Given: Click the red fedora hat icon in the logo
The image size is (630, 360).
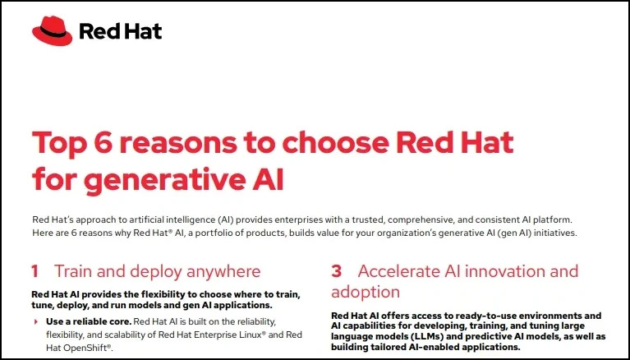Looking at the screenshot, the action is tap(53, 31).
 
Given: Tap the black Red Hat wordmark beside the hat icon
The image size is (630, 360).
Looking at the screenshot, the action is tap(121, 31).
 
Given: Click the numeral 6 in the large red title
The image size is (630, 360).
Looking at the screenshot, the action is tap(103, 142).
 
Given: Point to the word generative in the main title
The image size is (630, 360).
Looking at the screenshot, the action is tap(165, 179).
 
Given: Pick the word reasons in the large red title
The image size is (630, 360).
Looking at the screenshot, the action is tap(178, 143).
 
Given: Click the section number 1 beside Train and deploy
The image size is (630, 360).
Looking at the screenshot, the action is tap(35, 271).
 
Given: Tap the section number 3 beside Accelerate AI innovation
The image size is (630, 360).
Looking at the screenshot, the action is tap(336, 271).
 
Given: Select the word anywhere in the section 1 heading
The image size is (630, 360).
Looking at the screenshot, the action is tap(223, 272).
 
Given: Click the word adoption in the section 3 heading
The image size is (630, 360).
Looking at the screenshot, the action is tap(366, 293).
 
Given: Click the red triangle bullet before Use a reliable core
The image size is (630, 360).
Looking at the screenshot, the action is tap(36, 322).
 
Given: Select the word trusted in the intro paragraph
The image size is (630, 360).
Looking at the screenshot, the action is tap(367, 220).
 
